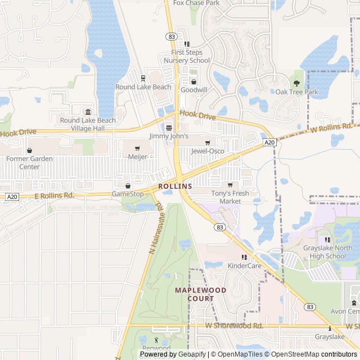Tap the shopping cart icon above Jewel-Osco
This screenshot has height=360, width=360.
pyautogui.click(x=208, y=143)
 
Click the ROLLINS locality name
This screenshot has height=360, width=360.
pyautogui.click(x=175, y=186)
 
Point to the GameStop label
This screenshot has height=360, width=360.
pyautogui.click(x=128, y=194)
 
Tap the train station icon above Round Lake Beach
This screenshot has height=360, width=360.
pyautogui.click(x=143, y=78)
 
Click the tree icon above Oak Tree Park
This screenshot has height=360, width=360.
pyautogui.click(x=296, y=83)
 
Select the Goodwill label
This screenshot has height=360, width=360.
pyautogui.click(x=194, y=90)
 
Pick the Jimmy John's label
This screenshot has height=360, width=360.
pyautogui.click(x=169, y=137)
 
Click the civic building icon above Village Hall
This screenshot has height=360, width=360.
pyautogui.click(x=88, y=111)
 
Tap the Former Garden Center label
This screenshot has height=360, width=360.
pyautogui.click(x=29, y=163)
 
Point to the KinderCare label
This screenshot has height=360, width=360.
pyautogui.click(x=244, y=265)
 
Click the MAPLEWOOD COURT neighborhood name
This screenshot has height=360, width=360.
pyautogui.click(x=200, y=294)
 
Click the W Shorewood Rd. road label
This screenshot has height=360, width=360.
pyautogui.click(x=234, y=326)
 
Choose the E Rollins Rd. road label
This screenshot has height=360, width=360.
pyautogui.click(x=54, y=195)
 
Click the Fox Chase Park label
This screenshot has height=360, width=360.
pyautogui.click(x=196, y=3)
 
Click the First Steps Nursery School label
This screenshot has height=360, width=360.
pyautogui.click(x=187, y=56)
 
